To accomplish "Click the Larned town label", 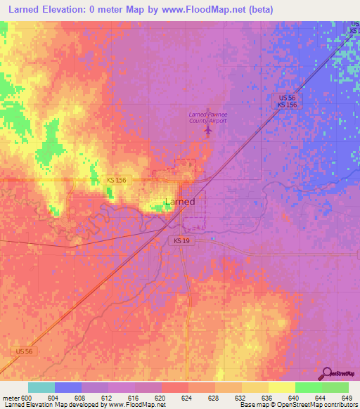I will point(179,202).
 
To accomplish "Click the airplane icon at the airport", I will point(207,130).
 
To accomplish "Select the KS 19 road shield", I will point(181,241).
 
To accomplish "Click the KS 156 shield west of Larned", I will point(117,181).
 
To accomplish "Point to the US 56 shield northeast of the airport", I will point(285,97).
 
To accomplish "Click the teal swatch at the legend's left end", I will point(41,387).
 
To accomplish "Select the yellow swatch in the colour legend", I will point(281,387).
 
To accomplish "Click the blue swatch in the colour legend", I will point(68,387).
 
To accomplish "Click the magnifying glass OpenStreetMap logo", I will point(328,374).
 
